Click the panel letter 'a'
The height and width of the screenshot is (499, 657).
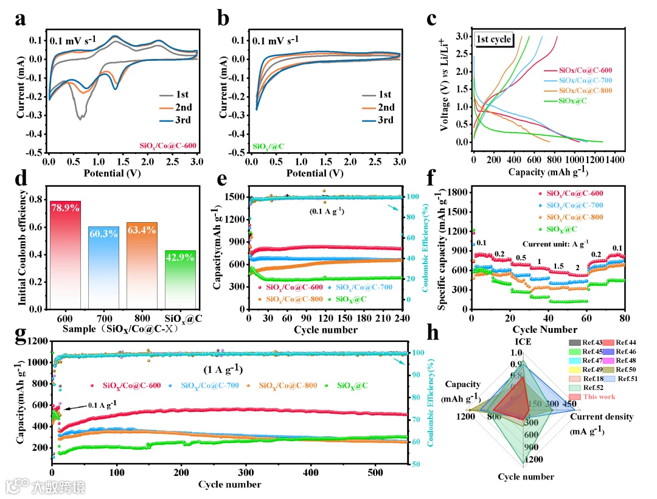(x=20, y=19)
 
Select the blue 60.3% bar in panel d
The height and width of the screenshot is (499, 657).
(x=103, y=268)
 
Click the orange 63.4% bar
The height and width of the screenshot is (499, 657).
(x=142, y=265)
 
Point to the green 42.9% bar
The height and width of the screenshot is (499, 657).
(x=179, y=280)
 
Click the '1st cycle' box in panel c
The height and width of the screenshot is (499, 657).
(x=495, y=40)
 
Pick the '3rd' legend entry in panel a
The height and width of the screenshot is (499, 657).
(x=176, y=119)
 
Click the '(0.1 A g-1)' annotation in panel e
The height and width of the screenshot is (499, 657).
(x=325, y=212)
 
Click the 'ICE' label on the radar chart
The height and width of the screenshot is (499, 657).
(x=524, y=342)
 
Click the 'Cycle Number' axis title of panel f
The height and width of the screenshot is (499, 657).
(x=548, y=330)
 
